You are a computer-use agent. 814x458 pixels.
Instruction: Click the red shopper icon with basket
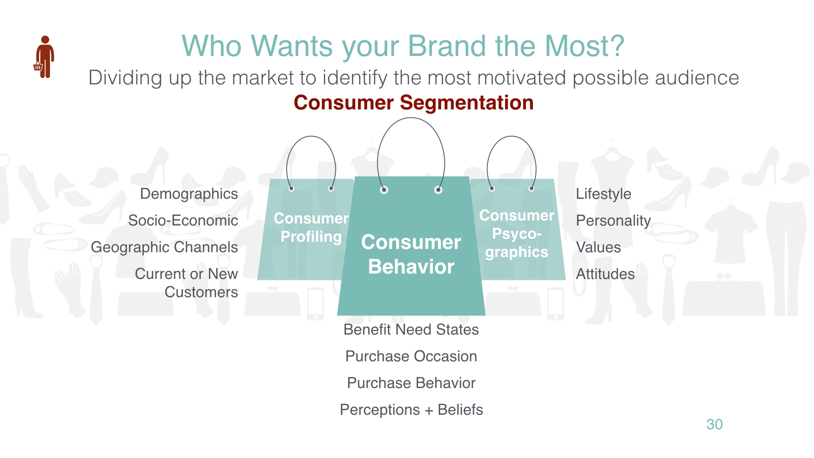pyautogui.click(x=44, y=57)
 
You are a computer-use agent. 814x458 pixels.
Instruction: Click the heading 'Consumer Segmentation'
pyautogui.click(x=413, y=103)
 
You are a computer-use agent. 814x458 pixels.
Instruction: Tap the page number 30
pyautogui.click(x=714, y=424)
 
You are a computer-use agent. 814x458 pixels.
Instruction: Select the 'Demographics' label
pyautogui.click(x=189, y=194)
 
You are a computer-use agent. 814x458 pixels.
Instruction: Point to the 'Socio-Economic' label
pyautogui.click(x=183, y=221)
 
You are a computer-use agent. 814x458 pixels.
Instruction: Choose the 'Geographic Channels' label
pyautogui.click(x=164, y=247)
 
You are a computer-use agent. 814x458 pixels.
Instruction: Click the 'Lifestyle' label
pyautogui.click(x=603, y=194)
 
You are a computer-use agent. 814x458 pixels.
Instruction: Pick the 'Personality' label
pyautogui.click(x=613, y=221)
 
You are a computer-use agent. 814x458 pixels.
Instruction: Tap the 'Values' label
pyautogui.click(x=598, y=247)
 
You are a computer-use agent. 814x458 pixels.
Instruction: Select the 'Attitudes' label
pyautogui.click(x=605, y=274)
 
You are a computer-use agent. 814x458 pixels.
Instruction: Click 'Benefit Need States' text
pyautogui.click(x=411, y=330)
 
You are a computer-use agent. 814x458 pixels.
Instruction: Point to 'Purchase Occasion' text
pyautogui.click(x=411, y=356)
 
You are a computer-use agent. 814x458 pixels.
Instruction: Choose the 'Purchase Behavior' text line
pyautogui.click(x=411, y=383)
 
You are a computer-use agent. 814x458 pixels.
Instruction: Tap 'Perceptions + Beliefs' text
pyautogui.click(x=411, y=410)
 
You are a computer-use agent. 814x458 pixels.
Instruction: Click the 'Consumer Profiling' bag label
pyautogui.click(x=311, y=228)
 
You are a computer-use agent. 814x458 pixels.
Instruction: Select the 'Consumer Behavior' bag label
pyautogui.click(x=411, y=254)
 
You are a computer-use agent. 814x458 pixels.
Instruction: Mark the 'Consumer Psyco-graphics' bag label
pyautogui.click(x=517, y=234)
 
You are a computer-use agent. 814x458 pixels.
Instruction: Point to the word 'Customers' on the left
pyautogui.click(x=201, y=292)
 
